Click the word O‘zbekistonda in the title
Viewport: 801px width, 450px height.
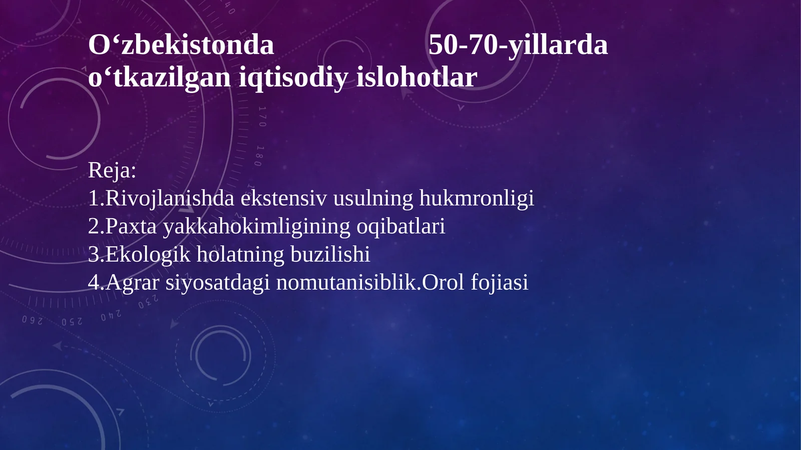tap(181, 45)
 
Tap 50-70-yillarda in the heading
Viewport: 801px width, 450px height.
tap(518, 45)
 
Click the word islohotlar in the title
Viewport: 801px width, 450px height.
tap(417, 78)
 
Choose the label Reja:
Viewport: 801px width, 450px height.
tap(112, 170)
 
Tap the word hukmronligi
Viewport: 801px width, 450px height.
tap(477, 198)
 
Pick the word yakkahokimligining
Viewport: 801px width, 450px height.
tap(257, 226)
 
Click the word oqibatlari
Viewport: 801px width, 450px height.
tap(400, 226)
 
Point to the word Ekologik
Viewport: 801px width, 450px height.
tap(148, 254)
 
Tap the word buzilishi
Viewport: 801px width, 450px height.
tap(330, 254)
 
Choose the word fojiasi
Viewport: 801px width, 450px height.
tap(500, 282)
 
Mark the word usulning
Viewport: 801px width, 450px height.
tap(373, 198)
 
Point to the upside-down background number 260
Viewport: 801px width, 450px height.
tap(32, 320)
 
